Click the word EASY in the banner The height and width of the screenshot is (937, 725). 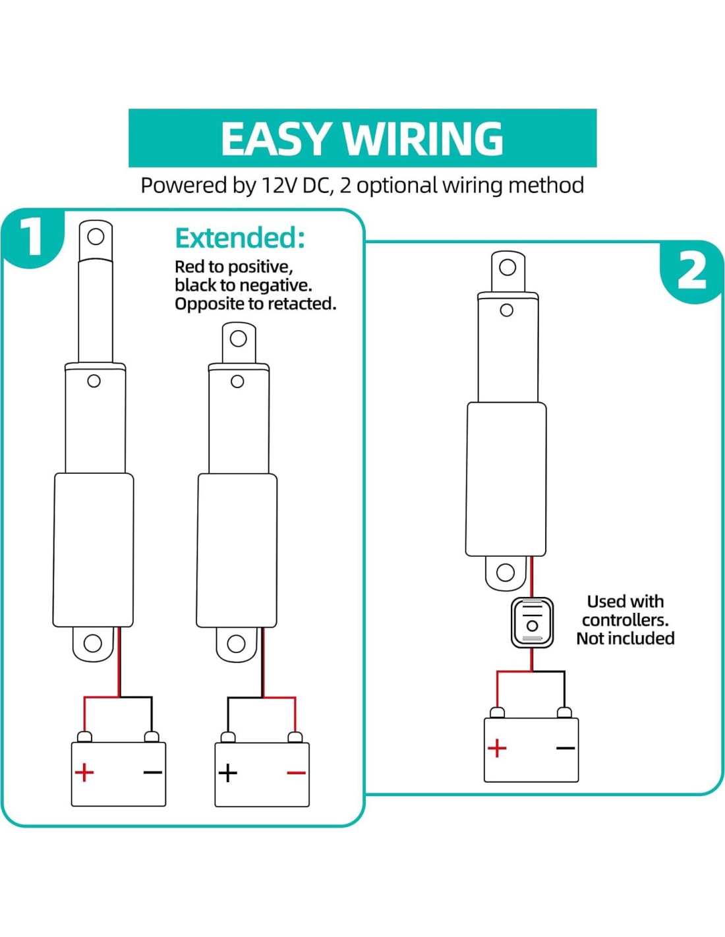coord(275,139)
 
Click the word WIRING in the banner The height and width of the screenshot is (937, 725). coord(423,139)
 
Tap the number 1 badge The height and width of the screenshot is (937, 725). coord(32,237)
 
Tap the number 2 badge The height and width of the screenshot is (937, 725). coord(691,271)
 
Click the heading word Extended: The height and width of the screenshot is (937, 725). coord(240,238)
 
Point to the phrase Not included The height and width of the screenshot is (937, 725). coord(625,639)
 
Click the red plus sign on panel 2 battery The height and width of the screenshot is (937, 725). coord(497,748)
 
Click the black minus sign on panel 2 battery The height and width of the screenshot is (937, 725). coord(565,748)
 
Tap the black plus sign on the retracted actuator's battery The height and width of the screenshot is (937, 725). coord(228,772)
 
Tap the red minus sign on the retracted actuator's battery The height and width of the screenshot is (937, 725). coord(297,772)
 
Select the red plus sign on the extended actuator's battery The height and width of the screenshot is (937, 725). coord(84,772)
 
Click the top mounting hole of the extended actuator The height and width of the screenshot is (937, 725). coord(96,237)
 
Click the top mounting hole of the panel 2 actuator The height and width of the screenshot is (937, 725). coord(507,268)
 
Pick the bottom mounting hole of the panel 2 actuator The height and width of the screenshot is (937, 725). coord(506,572)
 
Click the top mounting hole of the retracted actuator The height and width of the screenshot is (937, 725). coord(239,339)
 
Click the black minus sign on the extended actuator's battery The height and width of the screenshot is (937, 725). coord(153,772)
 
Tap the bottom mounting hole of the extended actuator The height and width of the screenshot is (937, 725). coord(93,643)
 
